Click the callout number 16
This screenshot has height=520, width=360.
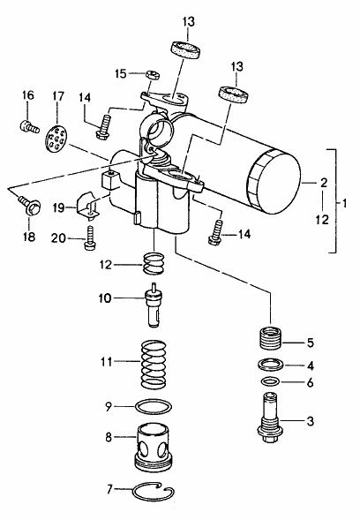[28, 95]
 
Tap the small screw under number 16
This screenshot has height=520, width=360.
[28, 126]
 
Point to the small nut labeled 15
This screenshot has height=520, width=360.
[153, 75]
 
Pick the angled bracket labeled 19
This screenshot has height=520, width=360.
[88, 207]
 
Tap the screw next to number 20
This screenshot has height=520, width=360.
[90, 238]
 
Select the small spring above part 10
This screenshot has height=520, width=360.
[154, 263]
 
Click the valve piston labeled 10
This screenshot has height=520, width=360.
[154, 305]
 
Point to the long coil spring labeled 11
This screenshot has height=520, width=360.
[154, 364]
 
